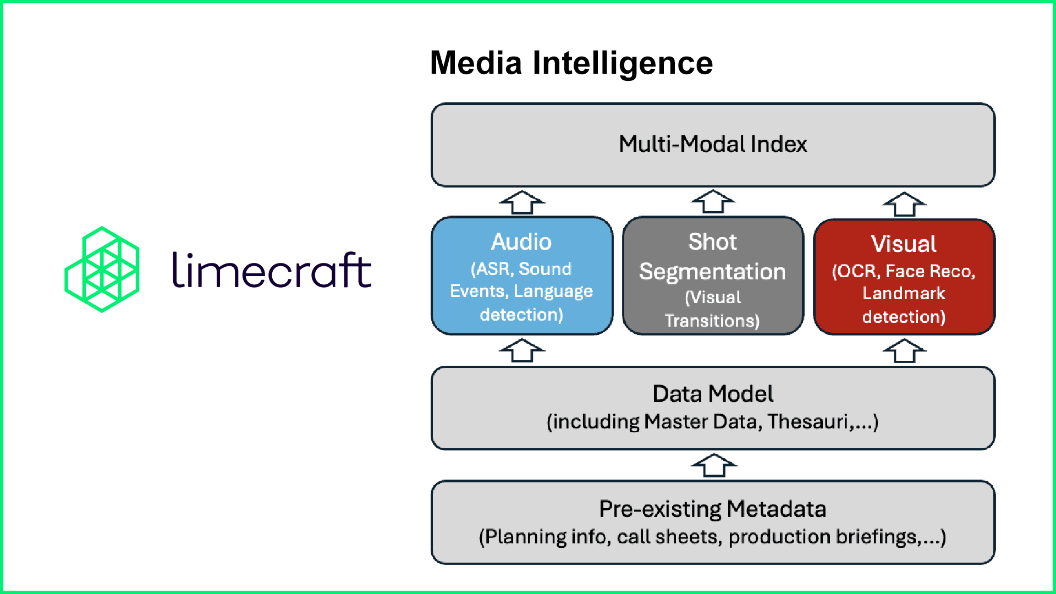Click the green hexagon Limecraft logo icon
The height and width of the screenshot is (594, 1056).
click(x=102, y=269)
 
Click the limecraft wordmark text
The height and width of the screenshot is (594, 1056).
click(x=272, y=270)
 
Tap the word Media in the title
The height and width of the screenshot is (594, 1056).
click(x=476, y=63)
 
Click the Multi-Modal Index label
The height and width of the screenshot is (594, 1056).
click(x=713, y=144)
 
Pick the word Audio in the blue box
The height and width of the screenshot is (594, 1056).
click(x=521, y=242)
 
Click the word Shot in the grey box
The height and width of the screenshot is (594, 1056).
click(x=713, y=242)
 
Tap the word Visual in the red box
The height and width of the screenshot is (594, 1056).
click(x=904, y=244)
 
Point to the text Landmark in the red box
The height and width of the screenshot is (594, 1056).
click(x=904, y=293)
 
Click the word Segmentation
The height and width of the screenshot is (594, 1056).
click(x=713, y=272)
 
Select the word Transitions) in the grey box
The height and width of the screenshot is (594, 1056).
click(x=713, y=321)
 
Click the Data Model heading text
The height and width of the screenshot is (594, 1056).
click(x=713, y=394)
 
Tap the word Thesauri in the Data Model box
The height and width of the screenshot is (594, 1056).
click(x=809, y=422)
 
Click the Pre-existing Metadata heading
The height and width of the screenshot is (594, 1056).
click(x=713, y=509)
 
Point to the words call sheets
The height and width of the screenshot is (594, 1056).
click(x=669, y=537)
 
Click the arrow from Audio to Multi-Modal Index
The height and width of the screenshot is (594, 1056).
click(x=522, y=202)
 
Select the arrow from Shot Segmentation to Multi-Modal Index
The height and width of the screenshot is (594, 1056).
click(x=713, y=202)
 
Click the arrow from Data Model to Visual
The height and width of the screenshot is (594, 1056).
click(x=904, y=351)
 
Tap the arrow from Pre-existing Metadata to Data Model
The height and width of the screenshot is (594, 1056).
click(x=714, y=465)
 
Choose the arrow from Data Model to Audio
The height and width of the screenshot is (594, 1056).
click(x=522, y=350)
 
